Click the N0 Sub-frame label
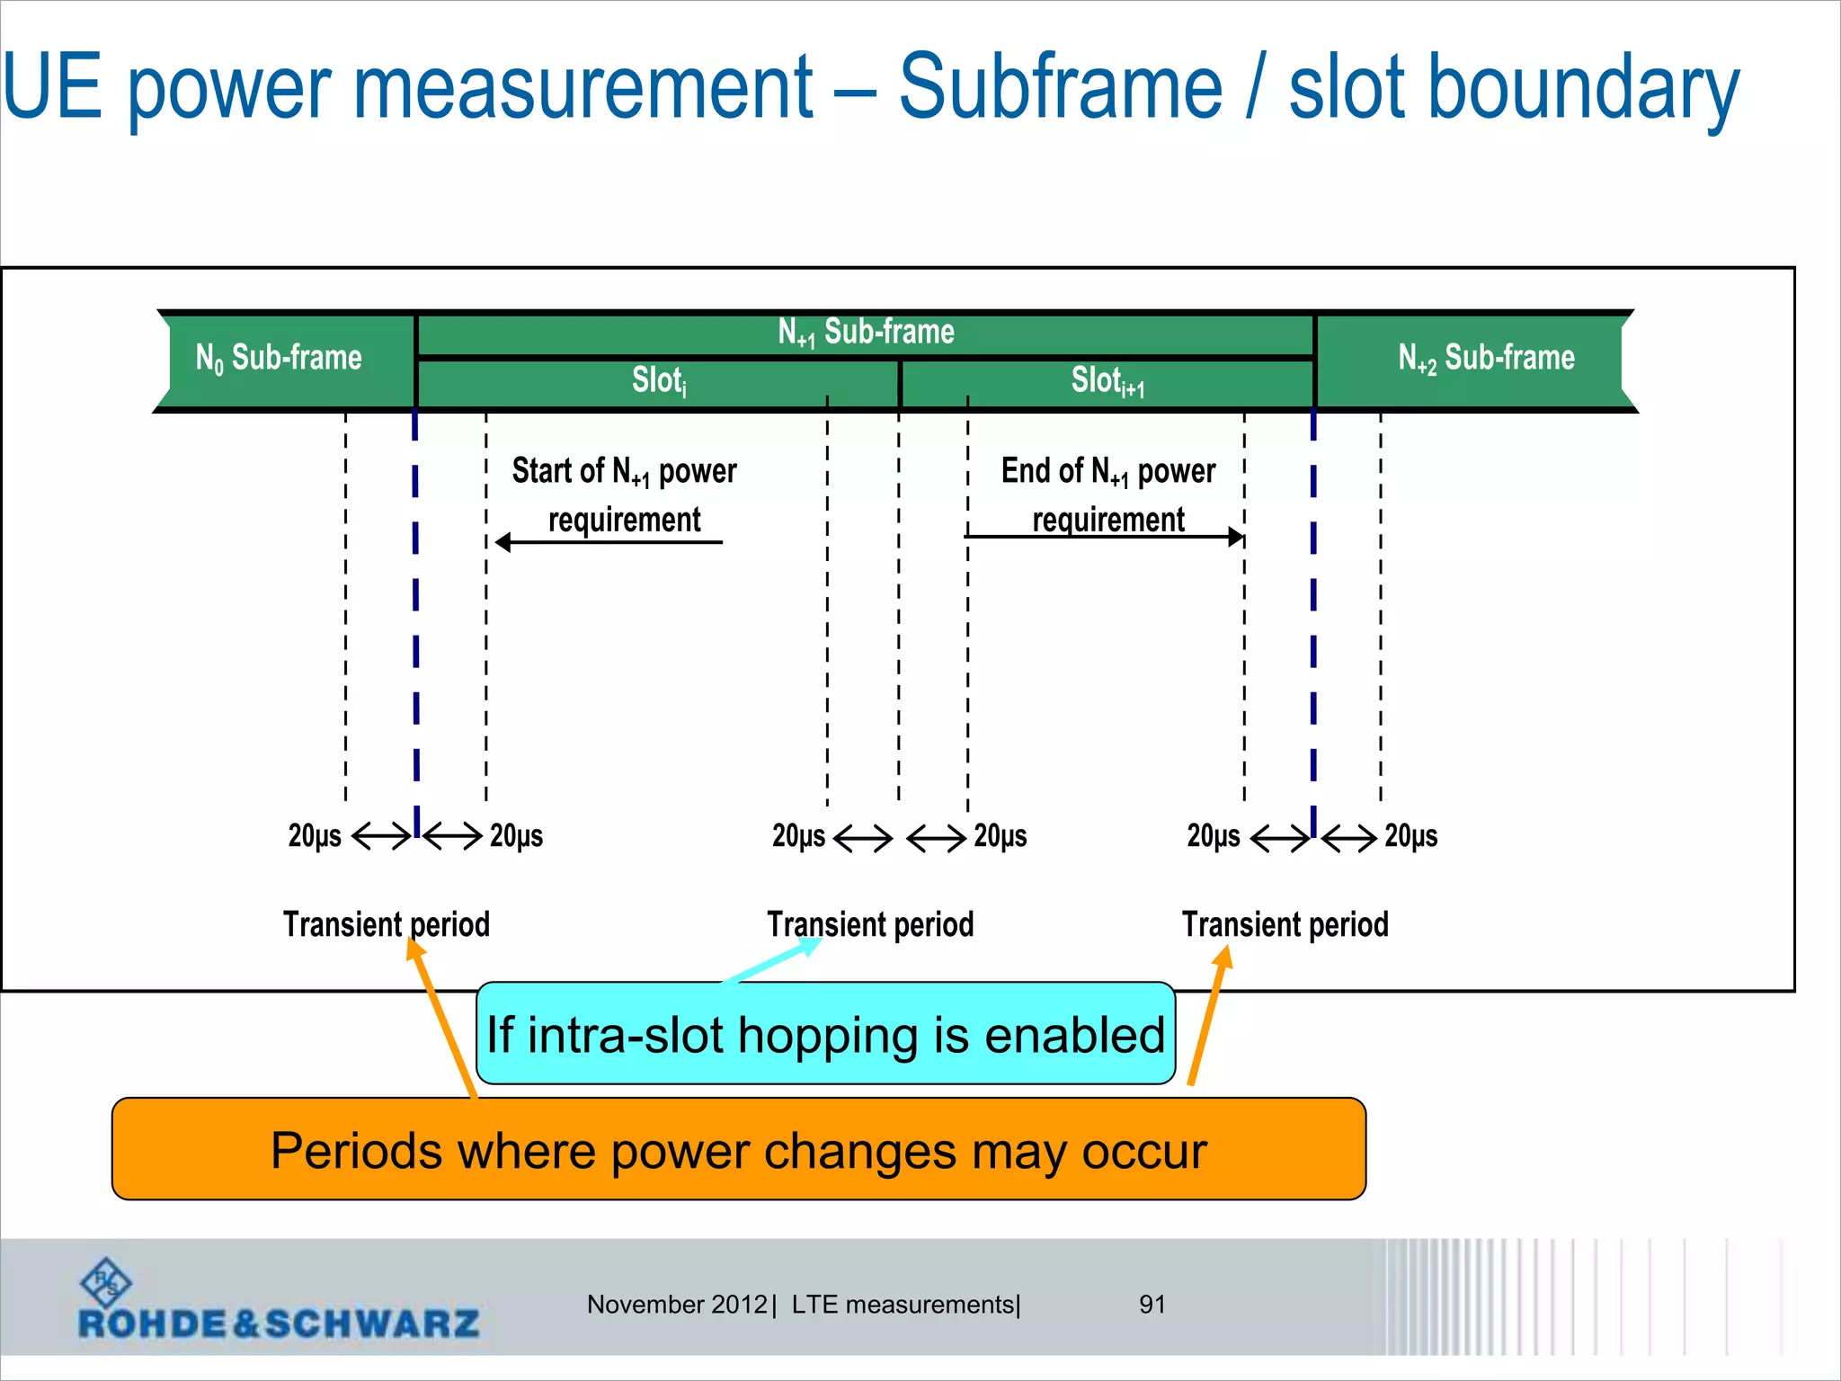(x=279, y=358)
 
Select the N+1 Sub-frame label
(x=866, y=333)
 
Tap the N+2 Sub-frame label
(x=1486, y=358)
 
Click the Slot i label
(x=659, y=381)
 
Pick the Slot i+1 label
(x=1107, y=381)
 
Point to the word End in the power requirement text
(x=1027, y=470)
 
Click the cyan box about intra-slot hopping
(x=825, y=1034)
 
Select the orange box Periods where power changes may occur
(x=738, y=1150)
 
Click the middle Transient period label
(x=870, y=924)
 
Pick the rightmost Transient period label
(x=1285, y=924)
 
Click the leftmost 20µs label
(x=315, y=836)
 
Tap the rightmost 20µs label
(x=1410, y=836)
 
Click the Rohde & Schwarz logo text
(x=279, y=1323)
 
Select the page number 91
(x=1152, y=1305)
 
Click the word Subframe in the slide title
(x=1061, y=87)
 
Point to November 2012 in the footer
(x=677, y=1305)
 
